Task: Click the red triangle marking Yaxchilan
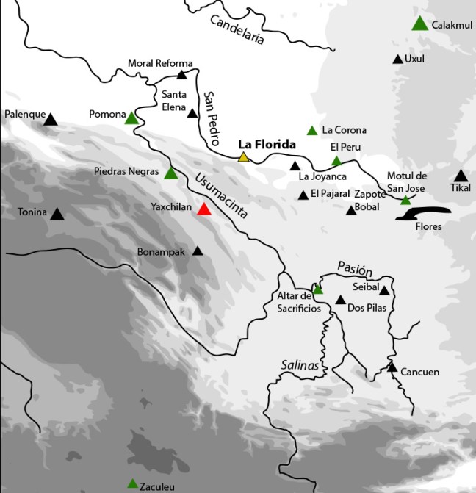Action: [204, 209]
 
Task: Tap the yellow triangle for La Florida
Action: [244, 157]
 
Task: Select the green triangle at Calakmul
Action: [419, 24]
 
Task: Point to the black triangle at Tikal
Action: [461, 176]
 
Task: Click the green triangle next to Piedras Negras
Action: [170, 174]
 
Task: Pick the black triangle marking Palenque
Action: [50, 118]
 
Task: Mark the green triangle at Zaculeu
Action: [132, 483]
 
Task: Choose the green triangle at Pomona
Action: [131, 118]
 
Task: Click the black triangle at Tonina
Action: [57, 214]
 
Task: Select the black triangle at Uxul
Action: [397, 59]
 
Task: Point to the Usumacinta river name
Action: [222, 194]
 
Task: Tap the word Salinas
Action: [300, 365]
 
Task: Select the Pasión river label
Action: [350, 267]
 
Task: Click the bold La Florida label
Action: [266, 144]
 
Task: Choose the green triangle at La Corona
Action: [312, 131]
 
